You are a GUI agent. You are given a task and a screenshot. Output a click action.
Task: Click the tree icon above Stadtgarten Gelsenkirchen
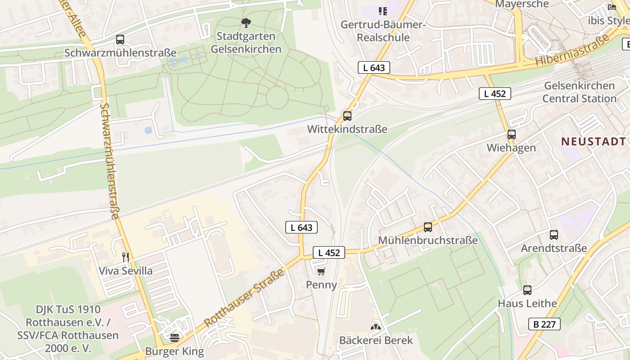[246, 22]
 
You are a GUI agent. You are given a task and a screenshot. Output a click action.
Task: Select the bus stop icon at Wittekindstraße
[347, 116]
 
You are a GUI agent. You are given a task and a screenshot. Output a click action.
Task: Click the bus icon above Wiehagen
[511, 135]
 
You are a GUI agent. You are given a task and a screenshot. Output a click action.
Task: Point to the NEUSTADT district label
[593, 141]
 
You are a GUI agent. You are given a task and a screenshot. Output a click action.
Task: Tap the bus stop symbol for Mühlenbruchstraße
[427, 227]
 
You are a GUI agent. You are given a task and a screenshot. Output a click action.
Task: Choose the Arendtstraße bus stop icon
[553, 235]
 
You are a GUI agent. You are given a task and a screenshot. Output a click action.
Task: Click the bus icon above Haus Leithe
[527, 290]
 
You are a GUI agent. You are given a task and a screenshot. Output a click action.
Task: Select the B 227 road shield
[544, 324]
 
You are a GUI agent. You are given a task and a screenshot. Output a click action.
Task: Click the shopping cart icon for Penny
[321, 271]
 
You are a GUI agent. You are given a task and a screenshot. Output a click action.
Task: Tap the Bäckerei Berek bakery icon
[376, 327]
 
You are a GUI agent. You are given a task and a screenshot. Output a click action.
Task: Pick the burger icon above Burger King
[175, 337]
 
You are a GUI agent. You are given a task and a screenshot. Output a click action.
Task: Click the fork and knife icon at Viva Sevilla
[126, 257]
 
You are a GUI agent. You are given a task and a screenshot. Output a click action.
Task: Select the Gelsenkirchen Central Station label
[579, 92]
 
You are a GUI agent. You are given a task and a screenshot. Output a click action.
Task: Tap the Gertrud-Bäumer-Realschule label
[383, 31]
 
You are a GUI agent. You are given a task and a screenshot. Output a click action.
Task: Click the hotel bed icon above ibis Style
[612, 7]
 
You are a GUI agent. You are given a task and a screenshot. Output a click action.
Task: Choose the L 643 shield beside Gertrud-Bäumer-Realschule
[373, 67]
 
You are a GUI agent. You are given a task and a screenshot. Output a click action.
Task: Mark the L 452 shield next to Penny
[329, 253]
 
